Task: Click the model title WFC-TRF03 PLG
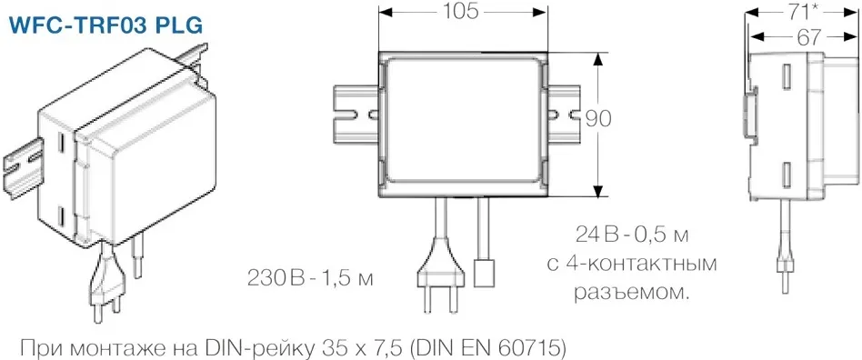104,25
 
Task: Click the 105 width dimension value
463,12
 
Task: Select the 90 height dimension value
597,119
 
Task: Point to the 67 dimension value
801,37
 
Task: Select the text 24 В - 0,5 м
632,235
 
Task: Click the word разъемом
632,293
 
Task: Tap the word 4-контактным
640,264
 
